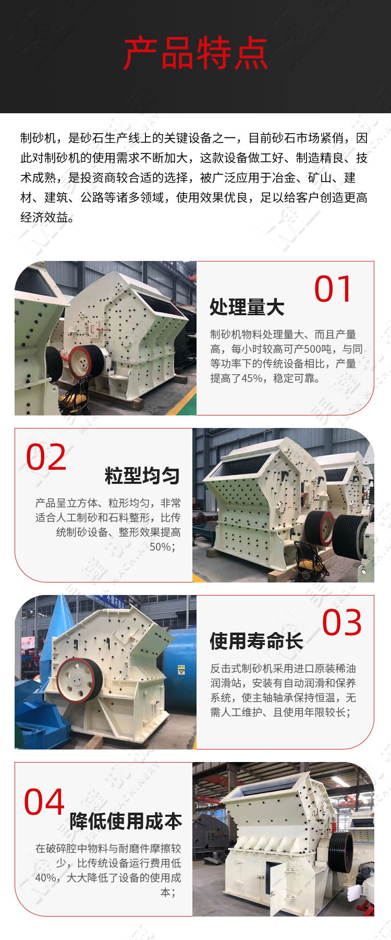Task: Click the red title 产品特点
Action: point(195,53)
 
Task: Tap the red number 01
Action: point(333,289)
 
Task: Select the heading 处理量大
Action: point(247,307)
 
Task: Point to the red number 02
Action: point(46,457)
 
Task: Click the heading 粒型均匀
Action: point(142,476)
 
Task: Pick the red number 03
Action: point(341,623)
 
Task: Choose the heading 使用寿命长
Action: point(256,641)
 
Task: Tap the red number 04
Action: point(44,802)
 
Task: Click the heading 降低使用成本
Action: point(126,822)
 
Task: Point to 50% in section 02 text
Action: point(160,547)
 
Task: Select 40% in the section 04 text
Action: point(46,878)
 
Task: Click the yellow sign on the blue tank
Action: point(181,670)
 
